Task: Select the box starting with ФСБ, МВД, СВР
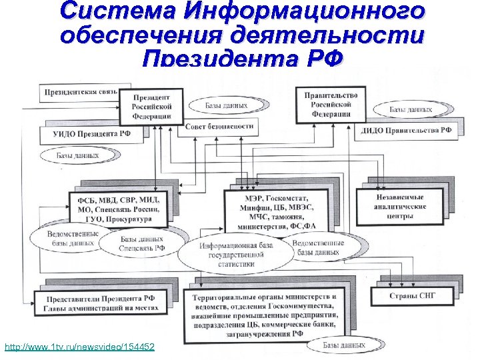[x=119, y=207]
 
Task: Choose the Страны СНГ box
[x=412, y=295]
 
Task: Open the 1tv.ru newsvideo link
[x=79, y=347]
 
